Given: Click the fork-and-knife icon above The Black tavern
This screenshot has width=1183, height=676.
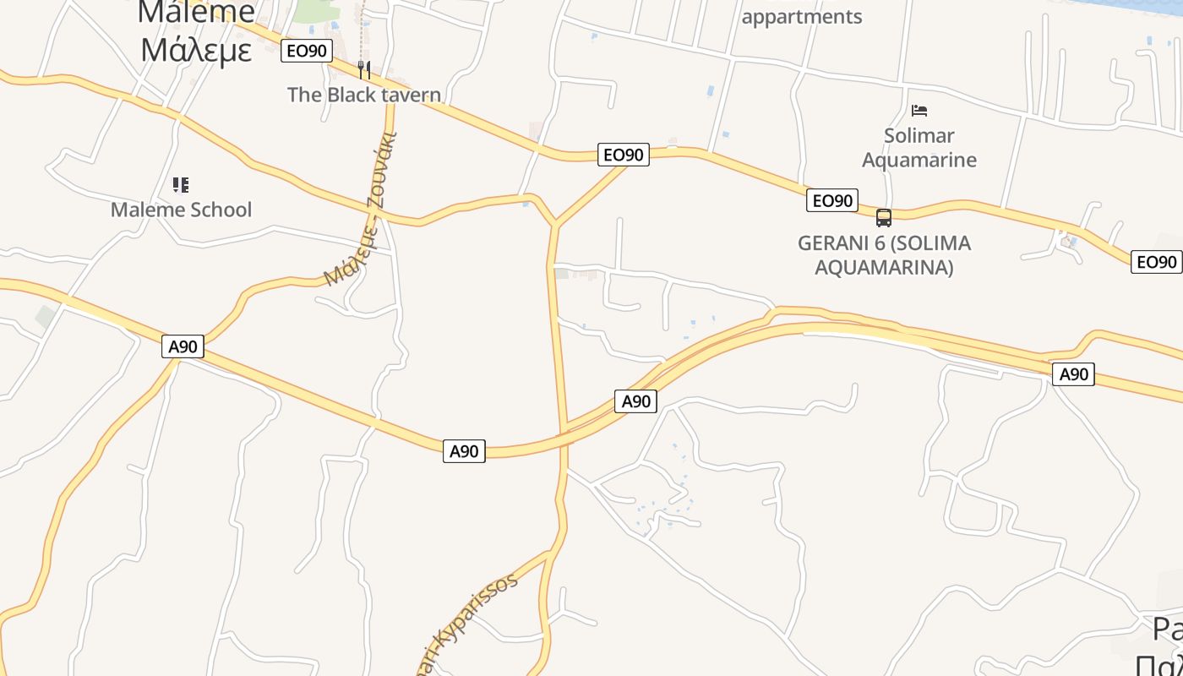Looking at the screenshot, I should coord(364,69).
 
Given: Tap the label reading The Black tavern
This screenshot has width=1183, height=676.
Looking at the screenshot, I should coord(363,95).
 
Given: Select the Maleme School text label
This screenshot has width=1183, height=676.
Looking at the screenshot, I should coord(181,210).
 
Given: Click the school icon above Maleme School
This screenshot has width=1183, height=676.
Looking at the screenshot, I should coord(180,184).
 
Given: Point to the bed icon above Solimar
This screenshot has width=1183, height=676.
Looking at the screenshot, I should coord(919,111).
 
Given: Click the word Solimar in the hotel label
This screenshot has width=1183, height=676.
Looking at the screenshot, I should coord(919,135).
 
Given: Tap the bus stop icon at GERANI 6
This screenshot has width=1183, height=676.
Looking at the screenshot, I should coord(884,218).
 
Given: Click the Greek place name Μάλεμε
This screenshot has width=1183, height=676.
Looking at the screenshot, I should coord(196,50).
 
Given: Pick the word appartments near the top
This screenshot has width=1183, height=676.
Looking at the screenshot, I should coord(801,17).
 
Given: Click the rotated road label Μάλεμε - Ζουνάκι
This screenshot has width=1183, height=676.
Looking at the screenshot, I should coord(361,209).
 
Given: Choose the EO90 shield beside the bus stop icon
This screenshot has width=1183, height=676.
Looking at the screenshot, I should coord(832,200).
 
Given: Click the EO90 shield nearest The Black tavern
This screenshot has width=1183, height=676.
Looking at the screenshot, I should coord(306,51).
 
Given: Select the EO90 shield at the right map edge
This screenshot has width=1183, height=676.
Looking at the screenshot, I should coord(1156,262).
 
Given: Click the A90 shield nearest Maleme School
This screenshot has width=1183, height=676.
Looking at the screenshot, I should coord(183,346).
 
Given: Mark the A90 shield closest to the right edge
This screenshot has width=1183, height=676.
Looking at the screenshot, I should coord(1073,374).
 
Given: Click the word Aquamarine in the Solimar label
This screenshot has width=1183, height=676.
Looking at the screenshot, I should coord(919,160).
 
